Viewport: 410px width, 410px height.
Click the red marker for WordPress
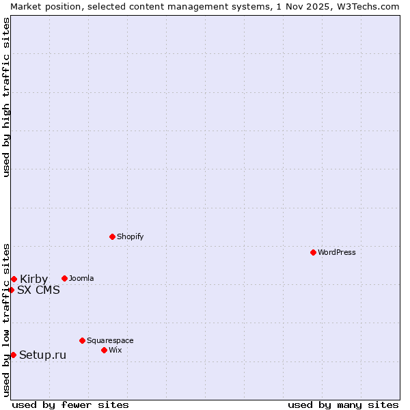313,252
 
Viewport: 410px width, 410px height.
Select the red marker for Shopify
112,236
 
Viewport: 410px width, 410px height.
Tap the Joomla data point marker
64,278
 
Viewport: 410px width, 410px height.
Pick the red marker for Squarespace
82,340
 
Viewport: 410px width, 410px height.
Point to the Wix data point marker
104,350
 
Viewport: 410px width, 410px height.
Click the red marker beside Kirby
14,279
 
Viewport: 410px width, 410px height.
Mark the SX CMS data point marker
11,290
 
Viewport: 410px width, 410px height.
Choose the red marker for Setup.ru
13,355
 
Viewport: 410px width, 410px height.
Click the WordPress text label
336,252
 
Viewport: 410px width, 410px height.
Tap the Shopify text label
130,236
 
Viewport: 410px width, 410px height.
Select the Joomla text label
81,278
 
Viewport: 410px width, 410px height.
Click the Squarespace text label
110,340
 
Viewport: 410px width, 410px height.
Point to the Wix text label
115,350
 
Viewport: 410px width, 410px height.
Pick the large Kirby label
33,279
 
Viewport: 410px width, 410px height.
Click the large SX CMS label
38,290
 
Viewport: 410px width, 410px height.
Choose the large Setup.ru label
42,355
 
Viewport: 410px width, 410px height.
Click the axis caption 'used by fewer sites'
70,405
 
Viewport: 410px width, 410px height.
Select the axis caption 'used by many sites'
343,405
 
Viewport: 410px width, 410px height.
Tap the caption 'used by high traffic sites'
6,97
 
